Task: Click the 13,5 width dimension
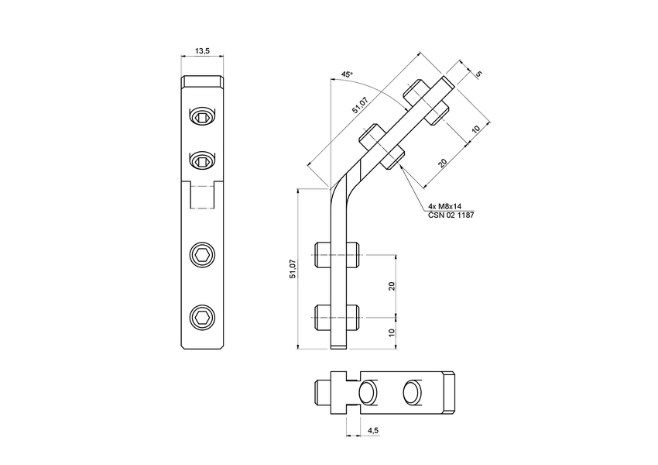[202, 50]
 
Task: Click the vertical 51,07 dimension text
[292, 269]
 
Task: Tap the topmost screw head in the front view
[201, 117]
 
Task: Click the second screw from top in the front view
[201, 160]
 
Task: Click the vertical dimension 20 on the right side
[392, 284]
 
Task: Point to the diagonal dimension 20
[441, 162]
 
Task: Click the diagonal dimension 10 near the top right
[476, 126]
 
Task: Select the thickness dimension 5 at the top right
[478, 74]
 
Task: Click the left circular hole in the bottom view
[370, 393]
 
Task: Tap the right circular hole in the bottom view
[413, 393]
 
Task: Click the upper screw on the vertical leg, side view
[338, 254]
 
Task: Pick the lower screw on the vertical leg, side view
[338, 315]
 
